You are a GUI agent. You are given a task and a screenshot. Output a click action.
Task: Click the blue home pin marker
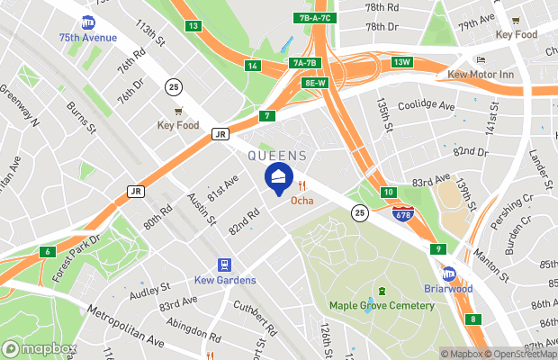(x=278, y=178)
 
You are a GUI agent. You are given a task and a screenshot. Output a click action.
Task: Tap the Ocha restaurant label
(x=301, y=200)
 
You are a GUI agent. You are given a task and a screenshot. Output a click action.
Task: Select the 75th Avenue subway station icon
(x=88, y=22)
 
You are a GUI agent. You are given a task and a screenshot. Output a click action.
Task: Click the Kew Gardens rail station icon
(x=224, y=265)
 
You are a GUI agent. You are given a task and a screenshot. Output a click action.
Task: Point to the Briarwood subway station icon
(x=448, y=274)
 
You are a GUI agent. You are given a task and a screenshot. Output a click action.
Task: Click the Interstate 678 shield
(x=403, y=213)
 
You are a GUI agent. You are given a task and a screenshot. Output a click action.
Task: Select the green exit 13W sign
(x=401, y=62)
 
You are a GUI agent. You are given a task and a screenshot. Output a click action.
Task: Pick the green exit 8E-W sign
(x=315, y=82)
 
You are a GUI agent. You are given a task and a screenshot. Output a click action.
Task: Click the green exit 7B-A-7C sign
(x=312, y=18)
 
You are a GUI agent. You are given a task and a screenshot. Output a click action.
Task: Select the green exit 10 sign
(x=388, y=192)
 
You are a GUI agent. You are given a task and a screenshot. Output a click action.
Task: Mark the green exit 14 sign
(x=253, y=66)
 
